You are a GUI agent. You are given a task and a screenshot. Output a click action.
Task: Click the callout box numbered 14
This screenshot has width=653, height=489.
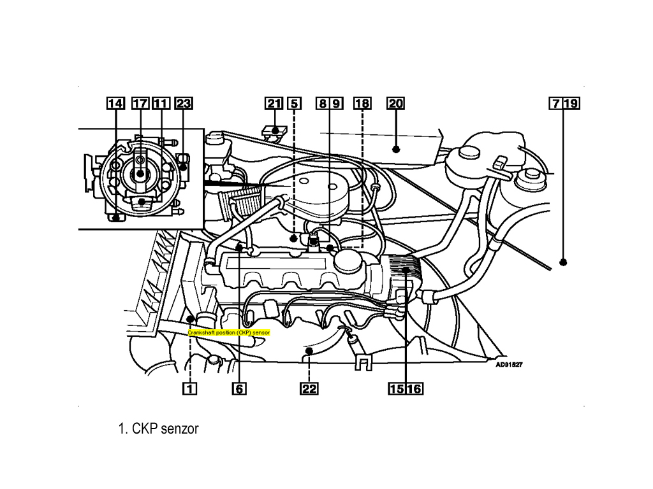(x=115, y=104)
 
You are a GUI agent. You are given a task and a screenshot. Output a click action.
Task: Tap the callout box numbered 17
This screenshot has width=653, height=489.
(x=140, y=104)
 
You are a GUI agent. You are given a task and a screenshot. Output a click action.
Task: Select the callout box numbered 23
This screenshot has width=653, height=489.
(x=184, y=104)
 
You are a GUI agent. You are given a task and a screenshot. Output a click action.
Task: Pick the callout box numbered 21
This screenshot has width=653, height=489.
(x=274, y=104)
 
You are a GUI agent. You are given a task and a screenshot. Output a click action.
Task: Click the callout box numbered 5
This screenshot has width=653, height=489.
(x=294, y=104)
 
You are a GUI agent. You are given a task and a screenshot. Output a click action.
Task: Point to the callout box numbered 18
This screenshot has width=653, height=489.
(x=362, y=104)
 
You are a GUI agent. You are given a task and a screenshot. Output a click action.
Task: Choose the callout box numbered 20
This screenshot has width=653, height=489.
(x=395, y=104)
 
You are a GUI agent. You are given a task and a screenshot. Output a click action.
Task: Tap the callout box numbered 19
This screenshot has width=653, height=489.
(x=571, y=104)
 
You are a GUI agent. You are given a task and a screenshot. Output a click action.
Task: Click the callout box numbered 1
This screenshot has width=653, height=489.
(x=189, y=388)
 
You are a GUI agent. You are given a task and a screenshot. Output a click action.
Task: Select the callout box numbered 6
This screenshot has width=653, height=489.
(x=239, y=388)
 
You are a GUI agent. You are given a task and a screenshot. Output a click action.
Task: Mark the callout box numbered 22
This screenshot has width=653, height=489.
(x=309, y=388)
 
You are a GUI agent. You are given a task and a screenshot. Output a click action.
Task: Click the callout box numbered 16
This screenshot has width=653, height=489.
(x=414, y=388)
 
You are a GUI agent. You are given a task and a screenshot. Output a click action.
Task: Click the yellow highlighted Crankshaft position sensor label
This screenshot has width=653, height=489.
(x=229, y=332)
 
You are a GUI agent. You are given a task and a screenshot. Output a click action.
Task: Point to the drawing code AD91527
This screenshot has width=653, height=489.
(x=509, y=365)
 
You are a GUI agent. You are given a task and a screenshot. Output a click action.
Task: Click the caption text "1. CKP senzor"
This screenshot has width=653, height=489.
(x=158, y=429)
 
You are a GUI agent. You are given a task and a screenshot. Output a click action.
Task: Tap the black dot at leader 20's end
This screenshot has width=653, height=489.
(x=396, y=149)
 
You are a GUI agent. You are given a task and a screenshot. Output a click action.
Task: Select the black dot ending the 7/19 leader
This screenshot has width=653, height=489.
(x=564, y=262)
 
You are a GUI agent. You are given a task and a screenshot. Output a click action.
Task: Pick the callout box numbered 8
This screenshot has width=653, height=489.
(x=323, y=104)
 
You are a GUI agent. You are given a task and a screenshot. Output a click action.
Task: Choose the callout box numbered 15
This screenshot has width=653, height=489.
(x=396, y=388)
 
